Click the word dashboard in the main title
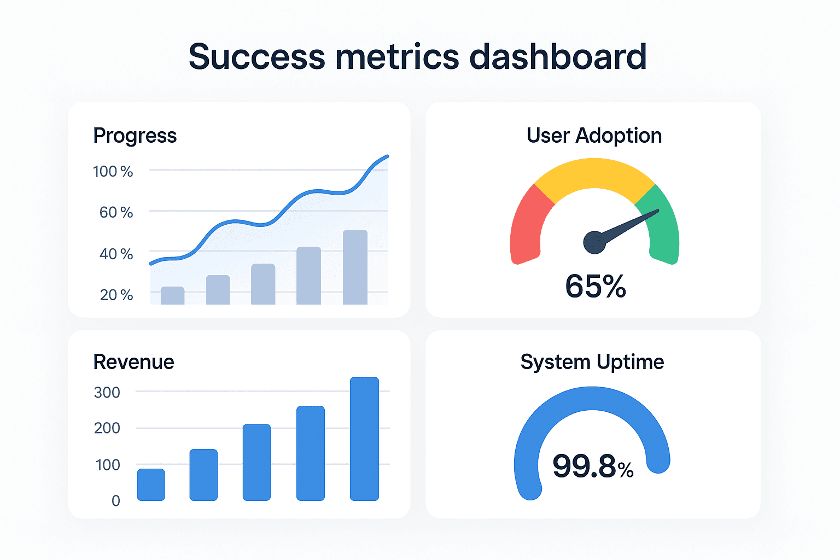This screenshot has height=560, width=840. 558,57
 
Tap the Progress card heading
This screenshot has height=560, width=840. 135,136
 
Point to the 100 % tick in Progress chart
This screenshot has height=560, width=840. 113,172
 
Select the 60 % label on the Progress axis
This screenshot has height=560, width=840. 116,212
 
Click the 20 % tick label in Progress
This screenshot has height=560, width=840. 116,295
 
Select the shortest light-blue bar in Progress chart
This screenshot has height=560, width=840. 172,295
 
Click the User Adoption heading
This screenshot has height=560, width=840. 594,136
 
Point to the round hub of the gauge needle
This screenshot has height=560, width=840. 594,243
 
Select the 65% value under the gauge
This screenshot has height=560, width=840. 595,286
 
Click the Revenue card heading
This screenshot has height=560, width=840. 133,362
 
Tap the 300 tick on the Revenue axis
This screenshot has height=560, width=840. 107,393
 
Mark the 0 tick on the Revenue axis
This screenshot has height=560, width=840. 115,501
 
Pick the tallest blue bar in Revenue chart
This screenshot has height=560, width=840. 364,439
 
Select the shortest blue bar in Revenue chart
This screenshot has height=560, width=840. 151,485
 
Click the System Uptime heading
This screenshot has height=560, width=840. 592,362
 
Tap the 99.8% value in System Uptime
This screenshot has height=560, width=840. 593,466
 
